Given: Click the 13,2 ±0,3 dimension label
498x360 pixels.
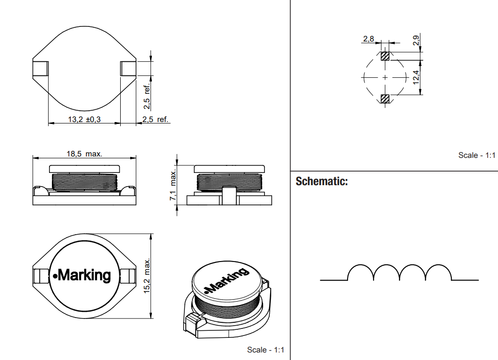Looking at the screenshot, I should pyautogui.click(x=84, y=120).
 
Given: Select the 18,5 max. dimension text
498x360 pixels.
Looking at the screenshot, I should pyautogui.click(x=84, y=154).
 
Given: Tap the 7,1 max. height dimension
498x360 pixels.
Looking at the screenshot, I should pyautogui.click(x=174, y=184).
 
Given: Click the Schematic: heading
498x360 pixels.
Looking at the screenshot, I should pyautogui.click(x=322, y=181).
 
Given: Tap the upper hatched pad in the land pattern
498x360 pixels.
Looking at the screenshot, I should pyautogui.click(x=385, y=56).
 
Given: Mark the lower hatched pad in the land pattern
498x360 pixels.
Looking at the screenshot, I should pyautogui.click(x=385, y=98).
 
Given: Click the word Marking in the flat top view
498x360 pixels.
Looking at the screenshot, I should pyautogui.click(x=84, y=275).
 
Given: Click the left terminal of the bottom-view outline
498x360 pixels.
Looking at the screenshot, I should pyautogui.click(x=40, y=69).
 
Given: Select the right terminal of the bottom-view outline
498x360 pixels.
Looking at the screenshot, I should pyautogui.click(x=128, y=69).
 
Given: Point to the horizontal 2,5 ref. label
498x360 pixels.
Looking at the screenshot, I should pyautogui.click(x=155, y=120).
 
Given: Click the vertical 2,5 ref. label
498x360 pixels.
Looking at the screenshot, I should pyautogui.click(x=147, y=94).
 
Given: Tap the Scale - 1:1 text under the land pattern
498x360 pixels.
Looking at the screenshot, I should pyautogui.click(x=477, y=155).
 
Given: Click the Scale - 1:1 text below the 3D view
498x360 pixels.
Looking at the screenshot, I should pyautogui.click(x=266, y=350).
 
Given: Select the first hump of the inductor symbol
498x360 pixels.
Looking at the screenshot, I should pyautogui.click(x=360, y=273).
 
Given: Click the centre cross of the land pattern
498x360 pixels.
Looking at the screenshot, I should pyautogui.click(x=385, y=77).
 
